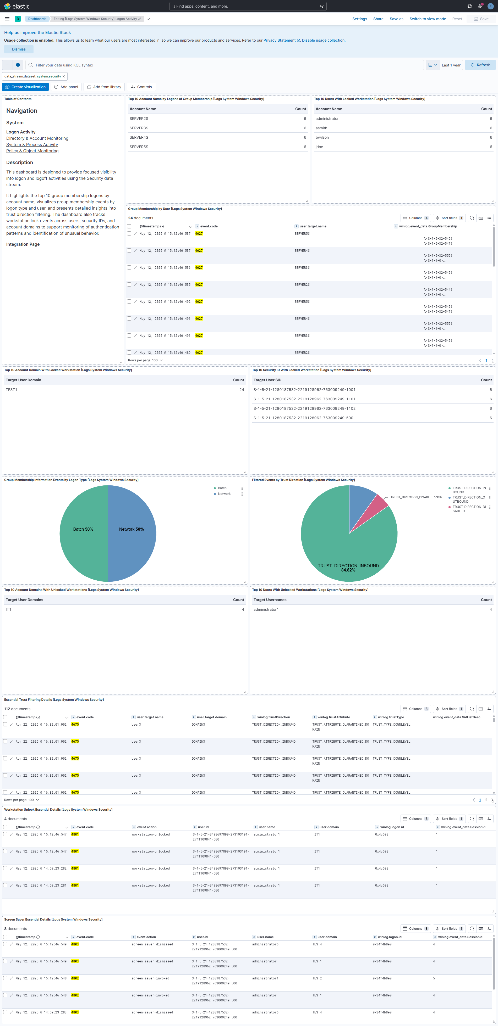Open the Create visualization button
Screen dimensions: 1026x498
click(x=25, y=87)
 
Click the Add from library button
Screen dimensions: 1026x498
click(x=104, y=87)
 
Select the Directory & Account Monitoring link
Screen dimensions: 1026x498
click(x=37, y=138)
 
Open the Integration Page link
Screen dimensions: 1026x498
click(x=23, y=244)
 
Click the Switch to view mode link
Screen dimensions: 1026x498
click(x=428, y=19)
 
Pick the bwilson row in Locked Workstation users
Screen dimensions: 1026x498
click(x=322, y=137)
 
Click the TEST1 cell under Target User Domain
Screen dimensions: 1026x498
click(x=12, y=390)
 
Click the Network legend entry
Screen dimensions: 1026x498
click(x=224, y=494)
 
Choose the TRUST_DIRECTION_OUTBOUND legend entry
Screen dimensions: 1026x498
click(x=468, y=500)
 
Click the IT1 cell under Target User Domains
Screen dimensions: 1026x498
click(x=8, y=609)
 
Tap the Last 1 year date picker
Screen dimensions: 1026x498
click(x=451, y=65)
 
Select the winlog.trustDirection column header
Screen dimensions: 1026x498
click(x=273, y=717)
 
